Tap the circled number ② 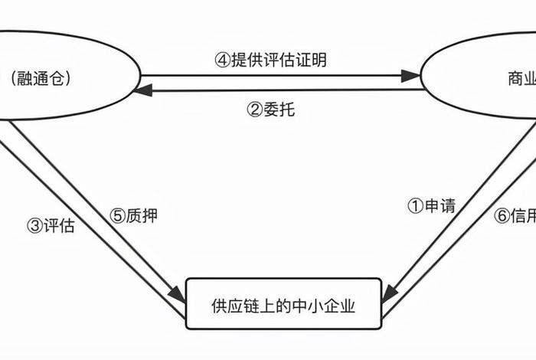click(254, 110)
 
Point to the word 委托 click(279, 110)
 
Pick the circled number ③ click(34, 226)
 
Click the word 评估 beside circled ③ click(60, 226)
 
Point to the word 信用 click(525, 216)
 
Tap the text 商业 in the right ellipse click(521, 77)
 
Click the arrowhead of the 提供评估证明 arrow click(412, 76)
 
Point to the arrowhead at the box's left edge click(178, 293)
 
